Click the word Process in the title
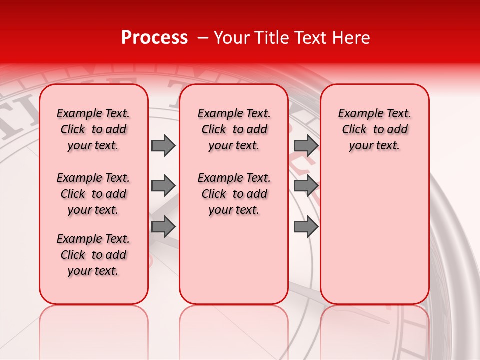[154, 38]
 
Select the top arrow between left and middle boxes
[163, 145]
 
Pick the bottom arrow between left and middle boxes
[163, 226]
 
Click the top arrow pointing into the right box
[306, 145]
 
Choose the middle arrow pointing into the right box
[306, 186]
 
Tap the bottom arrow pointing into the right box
[306, 226]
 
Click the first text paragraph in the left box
[93, 129]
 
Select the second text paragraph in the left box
[93, 194]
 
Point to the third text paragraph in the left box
[93, 255]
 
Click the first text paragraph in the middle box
[234, 129]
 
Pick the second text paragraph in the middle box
[234, 194]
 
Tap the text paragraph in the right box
[375, 129]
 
